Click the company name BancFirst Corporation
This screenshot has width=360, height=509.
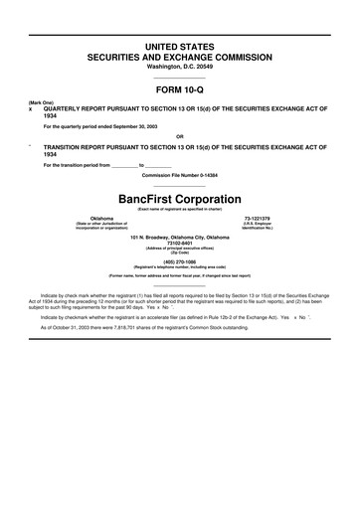[180, 197]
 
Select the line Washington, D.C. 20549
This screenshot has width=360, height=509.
[180, 69]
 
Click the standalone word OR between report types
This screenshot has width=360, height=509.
[180, 136]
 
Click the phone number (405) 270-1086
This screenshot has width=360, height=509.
[180, 260]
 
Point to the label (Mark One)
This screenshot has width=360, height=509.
[41, 102]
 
